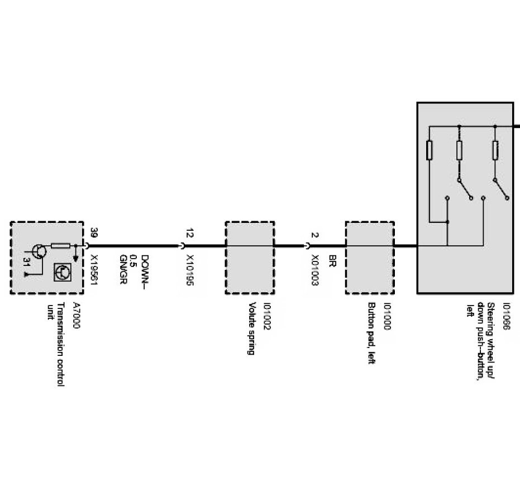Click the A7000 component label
pyautogui.click(x=77, y=315)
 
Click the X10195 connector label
pyautogui.click(x=190, y=270)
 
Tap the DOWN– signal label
pyautogui.click(x=145, y=271)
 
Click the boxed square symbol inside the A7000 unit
pyautogui.click(x=61, y=272)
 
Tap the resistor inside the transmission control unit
pyautogui.click(x=60, y=245)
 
